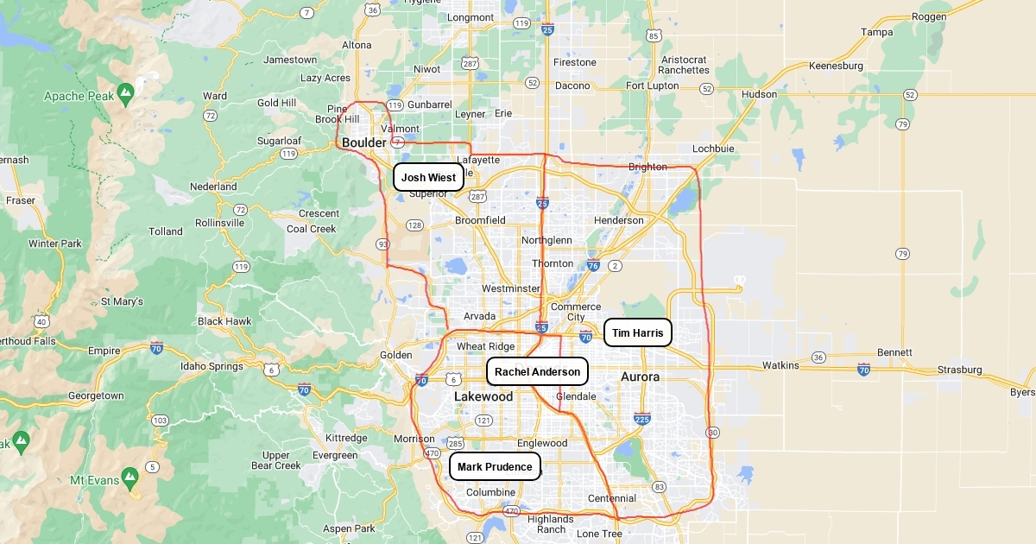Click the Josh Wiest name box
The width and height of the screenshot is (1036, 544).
coord(428,178)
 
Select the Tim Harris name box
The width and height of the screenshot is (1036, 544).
coord(637,332)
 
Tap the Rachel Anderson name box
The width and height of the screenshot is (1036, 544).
coord(537,371)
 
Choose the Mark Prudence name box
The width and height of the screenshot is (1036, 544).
coord(495,467)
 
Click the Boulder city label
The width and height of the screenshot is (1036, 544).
coord(364,142)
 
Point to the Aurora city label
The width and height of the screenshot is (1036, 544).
coord(640,376)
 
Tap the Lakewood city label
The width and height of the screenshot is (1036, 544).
coord(483,396)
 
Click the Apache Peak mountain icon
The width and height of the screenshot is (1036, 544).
coord(126,90)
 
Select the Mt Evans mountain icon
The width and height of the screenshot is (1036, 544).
coord(129,475)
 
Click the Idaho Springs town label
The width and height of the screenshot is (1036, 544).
coord(212,366)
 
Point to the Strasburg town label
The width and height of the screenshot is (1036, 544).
coord(959,370)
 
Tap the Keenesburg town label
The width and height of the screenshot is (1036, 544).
coord(836,66)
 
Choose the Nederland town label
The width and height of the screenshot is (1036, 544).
coord(213,187)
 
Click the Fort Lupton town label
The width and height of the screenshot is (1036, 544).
coord(653,85)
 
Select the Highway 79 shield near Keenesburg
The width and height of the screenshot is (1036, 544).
coord(902,124)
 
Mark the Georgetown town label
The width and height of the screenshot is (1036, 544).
coord(96,395)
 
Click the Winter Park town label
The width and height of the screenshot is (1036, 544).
coord(54,244)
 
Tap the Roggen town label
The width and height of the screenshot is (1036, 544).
coord(929,16)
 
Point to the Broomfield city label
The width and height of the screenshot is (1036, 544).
coord(480,220)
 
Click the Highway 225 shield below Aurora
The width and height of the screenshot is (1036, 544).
coord(641,419)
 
